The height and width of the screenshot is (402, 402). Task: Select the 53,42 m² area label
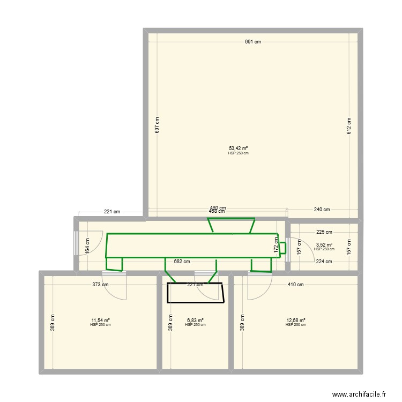[238, 148]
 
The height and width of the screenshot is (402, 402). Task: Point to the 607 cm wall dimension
[157, 125]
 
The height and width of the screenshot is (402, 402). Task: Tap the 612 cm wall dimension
[349, 125]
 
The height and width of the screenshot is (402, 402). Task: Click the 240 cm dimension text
[322, 210]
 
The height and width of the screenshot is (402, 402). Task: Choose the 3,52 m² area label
[324, 245]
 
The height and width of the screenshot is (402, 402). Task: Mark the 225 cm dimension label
[324, 232]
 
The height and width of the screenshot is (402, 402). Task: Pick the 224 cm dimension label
[324, 262]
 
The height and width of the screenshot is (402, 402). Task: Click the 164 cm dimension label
[88, 245]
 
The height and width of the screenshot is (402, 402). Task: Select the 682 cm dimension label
[182, 262]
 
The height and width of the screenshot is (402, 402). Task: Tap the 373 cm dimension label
[101, 285]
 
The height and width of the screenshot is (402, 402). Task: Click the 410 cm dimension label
[296, 285]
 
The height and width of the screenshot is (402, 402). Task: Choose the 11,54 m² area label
[100, 321]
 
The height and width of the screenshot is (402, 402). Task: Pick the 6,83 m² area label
[195, 321]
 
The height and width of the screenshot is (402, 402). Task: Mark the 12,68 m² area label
[296, 321]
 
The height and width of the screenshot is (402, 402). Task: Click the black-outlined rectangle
[195, 293]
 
